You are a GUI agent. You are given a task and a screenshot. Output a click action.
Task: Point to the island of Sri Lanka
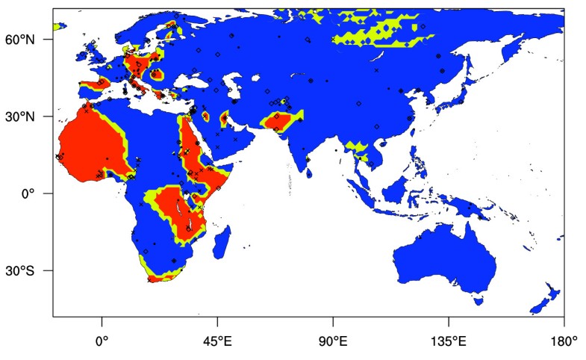click(x=308, y=173)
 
